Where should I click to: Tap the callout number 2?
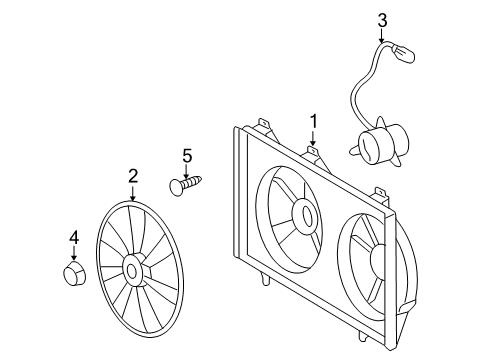point(132,176)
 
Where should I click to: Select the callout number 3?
point(382,18)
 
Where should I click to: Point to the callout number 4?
point(73,237)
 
